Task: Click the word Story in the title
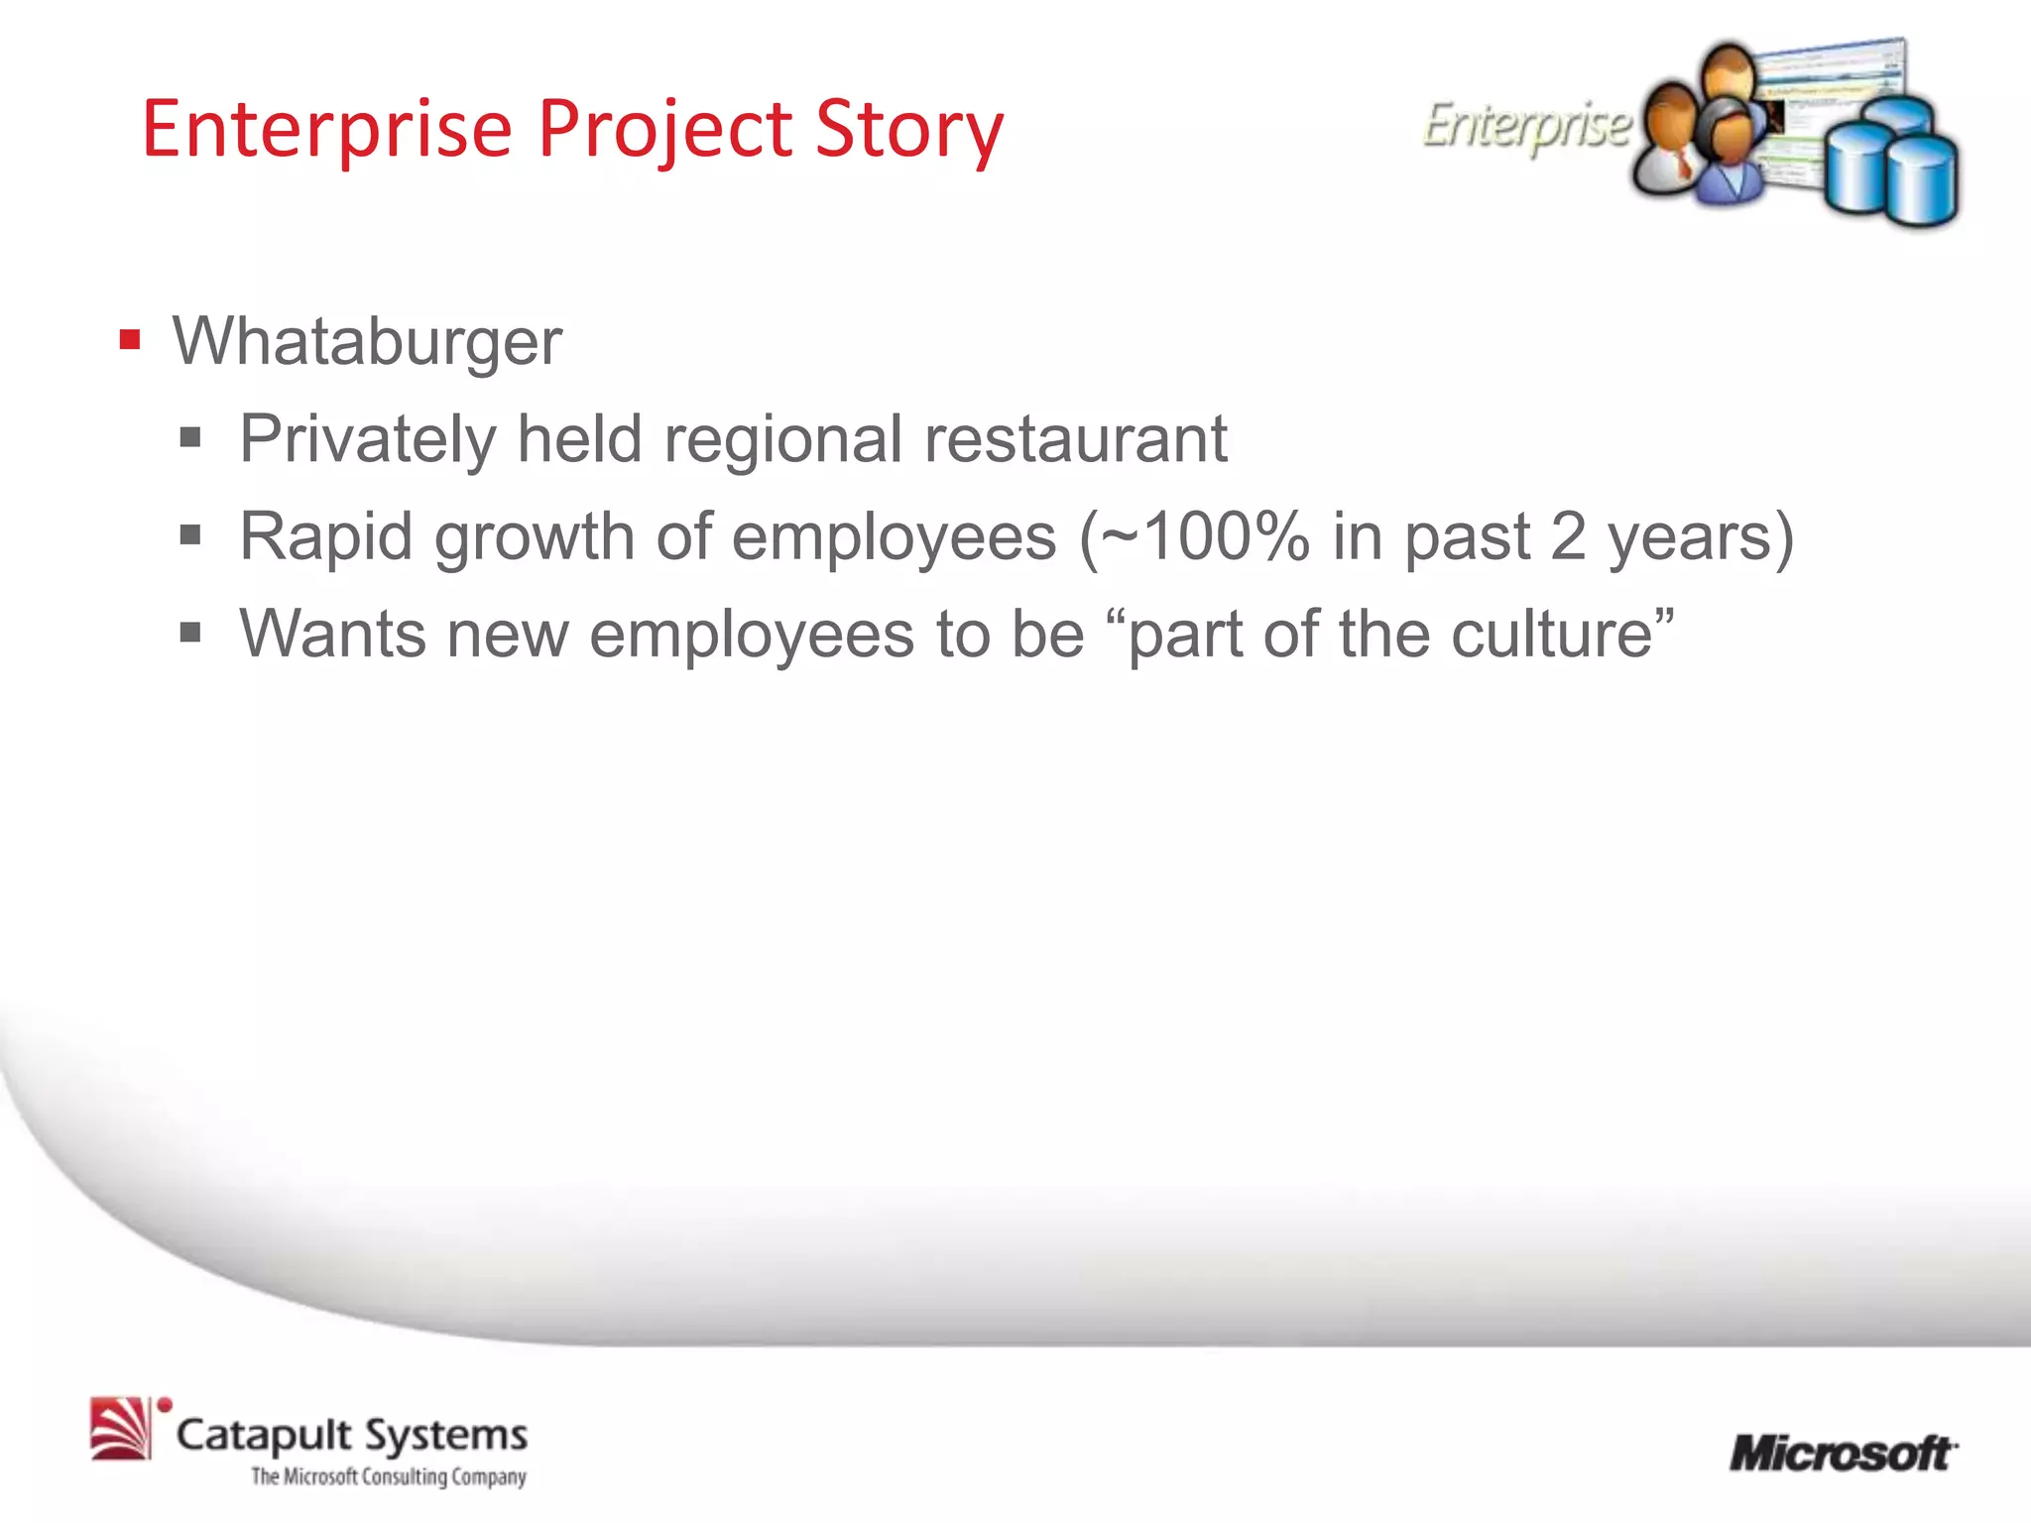coord(909,130)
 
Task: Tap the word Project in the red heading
coord(664,130)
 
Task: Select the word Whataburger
coord(367,342)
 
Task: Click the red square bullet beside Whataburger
coord(130,340)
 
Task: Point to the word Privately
coord(367,439)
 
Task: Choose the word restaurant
coord(1075,439)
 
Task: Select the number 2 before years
coord(1568,536)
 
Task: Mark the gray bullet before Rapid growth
coord(190,536)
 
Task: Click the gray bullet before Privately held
coord(190,438)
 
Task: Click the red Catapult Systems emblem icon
coord(121,1429)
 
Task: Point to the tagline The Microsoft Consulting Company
coord(389,1477)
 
